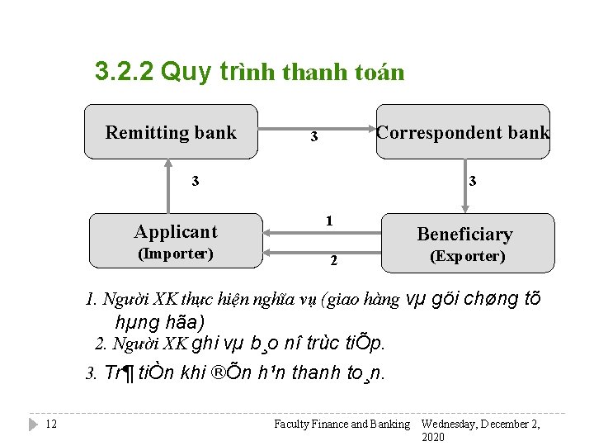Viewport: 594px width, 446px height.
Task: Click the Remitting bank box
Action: click(171, 132)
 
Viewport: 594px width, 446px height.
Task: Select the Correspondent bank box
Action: click(463, 132)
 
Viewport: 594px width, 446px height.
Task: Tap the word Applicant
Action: click(176, 232)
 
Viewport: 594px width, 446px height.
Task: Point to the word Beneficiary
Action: click(464, 235)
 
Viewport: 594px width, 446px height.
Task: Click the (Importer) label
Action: click(176, 254)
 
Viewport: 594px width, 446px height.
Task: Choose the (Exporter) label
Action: click(467, 256)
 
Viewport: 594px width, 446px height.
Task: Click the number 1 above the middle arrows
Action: click(328, 221)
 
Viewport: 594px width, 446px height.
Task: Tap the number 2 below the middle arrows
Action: click(333, 262)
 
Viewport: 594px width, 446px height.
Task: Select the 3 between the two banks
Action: click(313, 136)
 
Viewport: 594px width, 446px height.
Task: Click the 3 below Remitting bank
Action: click(195, 181)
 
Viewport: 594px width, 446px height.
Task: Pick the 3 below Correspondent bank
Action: click(472, 181)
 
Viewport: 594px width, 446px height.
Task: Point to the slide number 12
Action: click(51, 424)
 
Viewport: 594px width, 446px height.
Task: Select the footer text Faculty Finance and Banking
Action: click(342, 425)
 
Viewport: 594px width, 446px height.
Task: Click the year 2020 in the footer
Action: click(433, 436)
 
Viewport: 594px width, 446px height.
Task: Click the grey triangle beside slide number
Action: click(33, 424)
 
